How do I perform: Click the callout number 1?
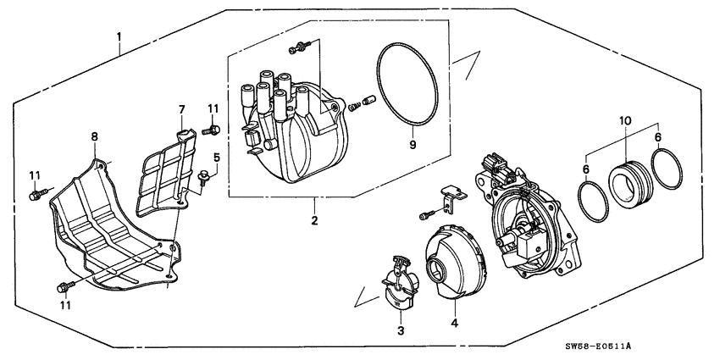pyautogui.click(x=119, y=37)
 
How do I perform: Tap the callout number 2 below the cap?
pyautogui.click(x=313, y=221)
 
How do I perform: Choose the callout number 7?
pyautogui.click(x=180, y=109)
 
